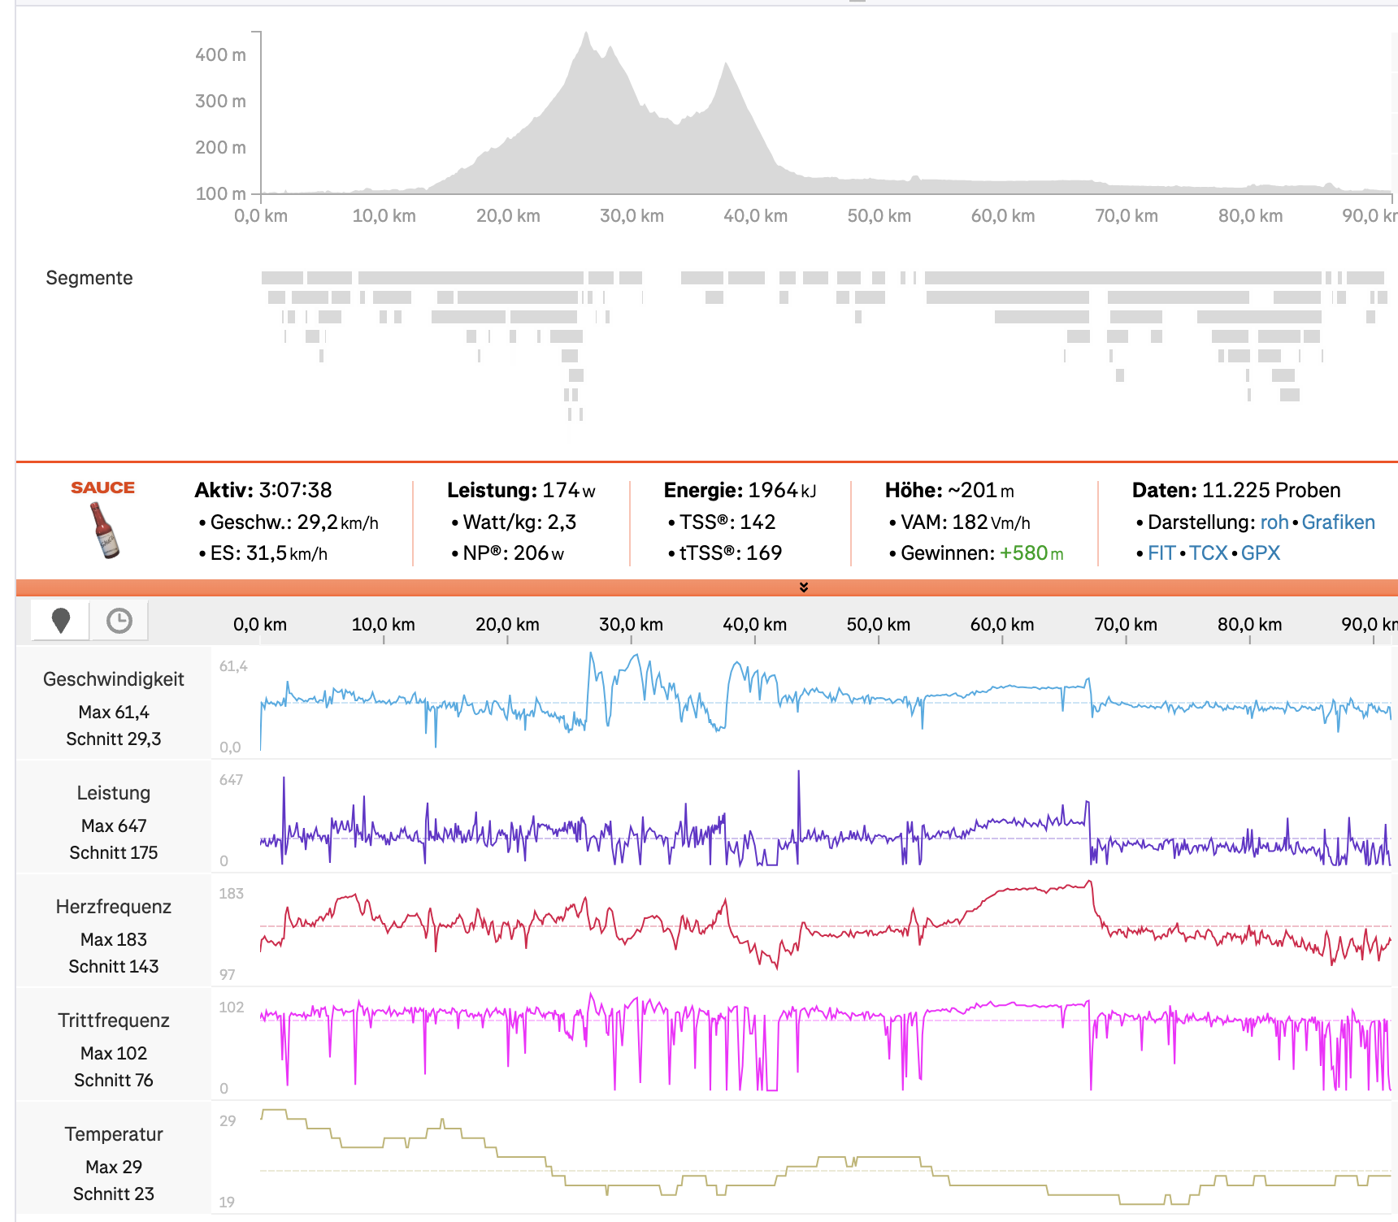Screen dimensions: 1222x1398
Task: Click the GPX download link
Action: pyautogui.click(x=1260, y=553)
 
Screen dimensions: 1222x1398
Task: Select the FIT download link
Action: pyautogui.click(x=1161, y=553)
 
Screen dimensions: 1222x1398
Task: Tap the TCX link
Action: pyautogui.click(x=1208, y=553)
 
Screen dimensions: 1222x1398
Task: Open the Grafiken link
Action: pyautogui.click(x=1338, y=522)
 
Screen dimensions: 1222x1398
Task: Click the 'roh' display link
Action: pyautogui.click(x=1274, y=522)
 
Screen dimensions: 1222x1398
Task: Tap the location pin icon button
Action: pyautogui.click(x=60, y=621)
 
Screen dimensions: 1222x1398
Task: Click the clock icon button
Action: pyautogui.click(x=119, y=621)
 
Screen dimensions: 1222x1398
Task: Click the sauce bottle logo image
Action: pyautogui.click(x=104, y=529)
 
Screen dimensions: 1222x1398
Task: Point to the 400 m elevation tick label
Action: pyautogui.click(x=220, y=55)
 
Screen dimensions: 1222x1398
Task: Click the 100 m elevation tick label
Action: pyautogui.click(x=220, y=194)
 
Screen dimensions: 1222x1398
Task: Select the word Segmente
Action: pyautogui.click(x=89, y=278)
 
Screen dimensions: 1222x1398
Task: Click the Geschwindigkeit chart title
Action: pyautogui.click(x=114, y=679)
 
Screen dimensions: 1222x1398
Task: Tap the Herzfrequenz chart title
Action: pyautogui.click(x=114, y=907)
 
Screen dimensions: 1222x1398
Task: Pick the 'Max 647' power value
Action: pyautogui.click(x=114, y=825)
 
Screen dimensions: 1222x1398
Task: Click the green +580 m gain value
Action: pyautogui.click(x=1031, y=553)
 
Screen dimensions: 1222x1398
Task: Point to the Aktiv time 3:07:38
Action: pyautogui.click(x=296, y=490)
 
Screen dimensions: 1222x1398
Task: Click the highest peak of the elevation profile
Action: pyautogui.click(x=586, y=33)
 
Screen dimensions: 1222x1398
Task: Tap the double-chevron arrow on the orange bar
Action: pyautogui.click(x=804, y=587)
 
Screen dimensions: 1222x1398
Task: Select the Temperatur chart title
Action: pyautogui.click(x=114, y=1134)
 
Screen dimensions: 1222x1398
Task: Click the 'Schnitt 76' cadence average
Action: pyautogui.click(x=114, y=1080)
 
